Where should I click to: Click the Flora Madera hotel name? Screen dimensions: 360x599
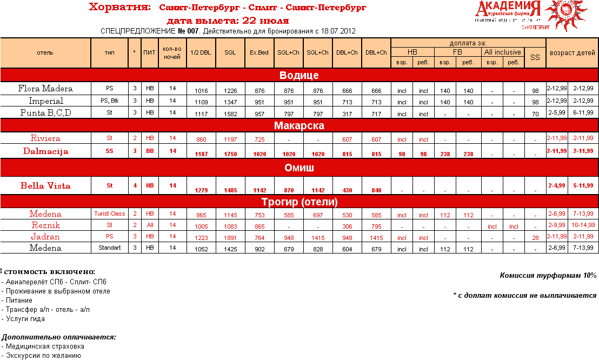point(45,89)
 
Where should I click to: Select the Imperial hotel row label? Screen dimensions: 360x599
point(45,101)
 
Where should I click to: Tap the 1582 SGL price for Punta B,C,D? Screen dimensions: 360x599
point(230,114)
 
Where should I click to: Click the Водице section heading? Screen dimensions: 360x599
point(299,75)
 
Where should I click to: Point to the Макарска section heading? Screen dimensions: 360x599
point(299,125)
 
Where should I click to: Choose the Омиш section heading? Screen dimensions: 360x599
point(299,168)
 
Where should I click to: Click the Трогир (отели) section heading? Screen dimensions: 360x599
point(299,202)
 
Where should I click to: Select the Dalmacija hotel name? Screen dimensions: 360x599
point(45,151)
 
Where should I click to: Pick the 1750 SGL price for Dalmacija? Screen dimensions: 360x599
point(230,154)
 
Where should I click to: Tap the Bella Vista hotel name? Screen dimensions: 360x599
point(45,186)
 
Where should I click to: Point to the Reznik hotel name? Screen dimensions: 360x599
point(45,225)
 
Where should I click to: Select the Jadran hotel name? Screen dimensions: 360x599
point(45,237)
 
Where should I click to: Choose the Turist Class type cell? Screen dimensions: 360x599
point(110,214)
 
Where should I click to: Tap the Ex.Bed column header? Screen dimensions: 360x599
point(259,52)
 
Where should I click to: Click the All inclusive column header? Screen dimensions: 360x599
point(503,52)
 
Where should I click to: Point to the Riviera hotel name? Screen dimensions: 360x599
point(45,138)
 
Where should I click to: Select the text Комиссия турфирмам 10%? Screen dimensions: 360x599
point(548,275)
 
